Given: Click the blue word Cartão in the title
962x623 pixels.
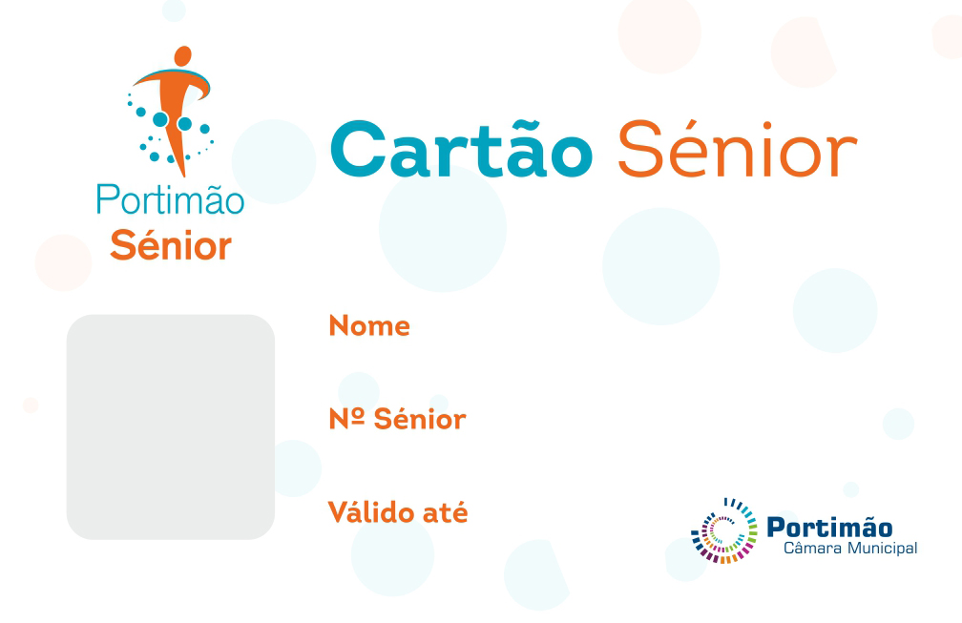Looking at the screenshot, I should (461, 151).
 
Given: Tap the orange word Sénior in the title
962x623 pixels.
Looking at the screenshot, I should (737, 151).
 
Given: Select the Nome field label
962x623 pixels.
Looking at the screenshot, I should (369, 326).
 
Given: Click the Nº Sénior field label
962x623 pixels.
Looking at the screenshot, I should (397, 419).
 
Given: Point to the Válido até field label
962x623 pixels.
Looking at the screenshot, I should (398, 512).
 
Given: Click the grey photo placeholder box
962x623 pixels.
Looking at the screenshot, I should (171, 426).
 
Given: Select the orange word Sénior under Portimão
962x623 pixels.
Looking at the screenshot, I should (171, 246).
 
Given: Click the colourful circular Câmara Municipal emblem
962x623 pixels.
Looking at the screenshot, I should (724, 530).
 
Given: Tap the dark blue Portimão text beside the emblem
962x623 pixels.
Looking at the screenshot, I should (829, 527).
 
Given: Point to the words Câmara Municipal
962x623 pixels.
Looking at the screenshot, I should (849, 549).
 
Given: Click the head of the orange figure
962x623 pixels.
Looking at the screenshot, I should (183, 56).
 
